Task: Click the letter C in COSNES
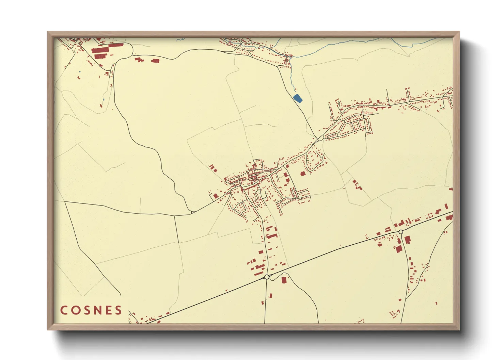point(64,310)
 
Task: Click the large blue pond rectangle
point(298,98)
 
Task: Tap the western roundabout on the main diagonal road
point(267,277)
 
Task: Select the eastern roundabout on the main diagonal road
point(401,232)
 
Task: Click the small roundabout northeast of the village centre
point(321,138)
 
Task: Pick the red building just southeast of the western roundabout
point(284,280)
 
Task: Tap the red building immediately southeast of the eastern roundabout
point(407,239)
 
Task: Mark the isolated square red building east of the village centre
point(303,174)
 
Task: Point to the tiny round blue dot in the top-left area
point(79,71)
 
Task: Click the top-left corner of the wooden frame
point(48,32)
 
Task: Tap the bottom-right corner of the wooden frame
point(459,329)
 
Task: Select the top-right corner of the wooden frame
point(459,32)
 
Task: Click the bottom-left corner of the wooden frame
point(48,329)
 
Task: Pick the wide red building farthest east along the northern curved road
point(155,61)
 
